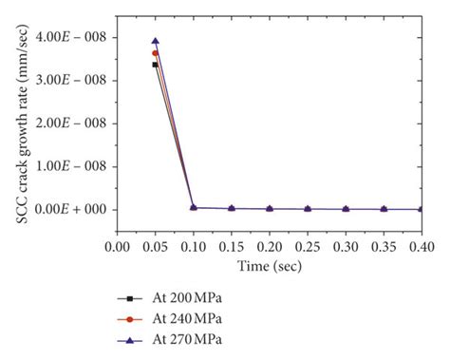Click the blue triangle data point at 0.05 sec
pyautogui.click(x=155, y=42)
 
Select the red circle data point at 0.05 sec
pyautogui.click(x=155, y=53)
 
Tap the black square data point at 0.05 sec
pyautogui.click(x=155, y=65)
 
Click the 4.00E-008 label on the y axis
pyautogui.click(x=68, y=37)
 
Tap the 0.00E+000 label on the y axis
pyautogui.click(x=68, y=209)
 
